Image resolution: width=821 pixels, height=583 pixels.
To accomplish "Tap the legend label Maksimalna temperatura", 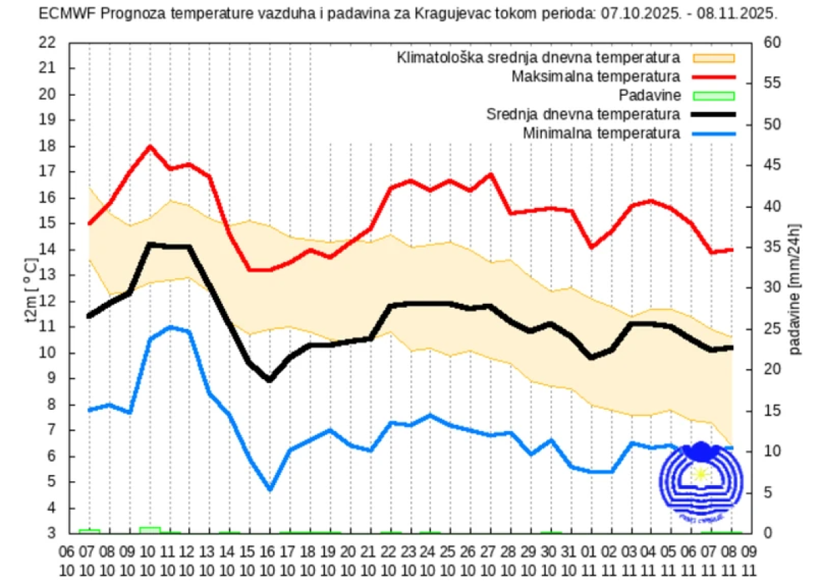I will point(596,76).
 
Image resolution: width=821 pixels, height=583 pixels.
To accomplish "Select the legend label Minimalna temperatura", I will point(601,133).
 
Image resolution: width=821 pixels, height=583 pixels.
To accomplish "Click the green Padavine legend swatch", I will point(714,95).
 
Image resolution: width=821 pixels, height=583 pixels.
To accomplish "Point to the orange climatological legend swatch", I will point(714,57).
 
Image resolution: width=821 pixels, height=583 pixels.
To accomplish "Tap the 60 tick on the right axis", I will point(772,42).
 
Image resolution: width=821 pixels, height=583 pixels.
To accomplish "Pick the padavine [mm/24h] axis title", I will point(795,288).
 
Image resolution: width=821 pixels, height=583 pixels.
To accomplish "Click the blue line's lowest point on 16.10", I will point(270,489).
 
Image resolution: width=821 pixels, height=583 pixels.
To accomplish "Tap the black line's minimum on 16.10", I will point(270,380).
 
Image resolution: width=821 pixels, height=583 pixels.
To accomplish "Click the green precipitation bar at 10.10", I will point(150,530).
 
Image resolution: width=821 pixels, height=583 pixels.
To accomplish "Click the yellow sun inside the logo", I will point(700,474).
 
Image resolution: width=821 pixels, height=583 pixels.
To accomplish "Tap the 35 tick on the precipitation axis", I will point(772,247).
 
